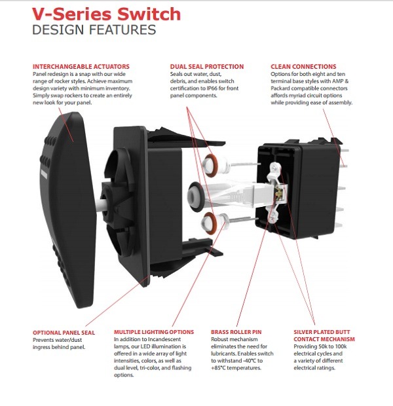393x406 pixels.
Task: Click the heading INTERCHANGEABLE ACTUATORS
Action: tap(81, 66)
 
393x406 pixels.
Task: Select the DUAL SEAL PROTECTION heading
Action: tap(206, 66)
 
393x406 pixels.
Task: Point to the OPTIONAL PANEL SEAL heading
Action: tap(64, 333)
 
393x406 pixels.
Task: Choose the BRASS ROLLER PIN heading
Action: tap(238, 333)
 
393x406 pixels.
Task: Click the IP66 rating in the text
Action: tap(227, 88)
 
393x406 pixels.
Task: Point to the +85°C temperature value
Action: tap(222, 369)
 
